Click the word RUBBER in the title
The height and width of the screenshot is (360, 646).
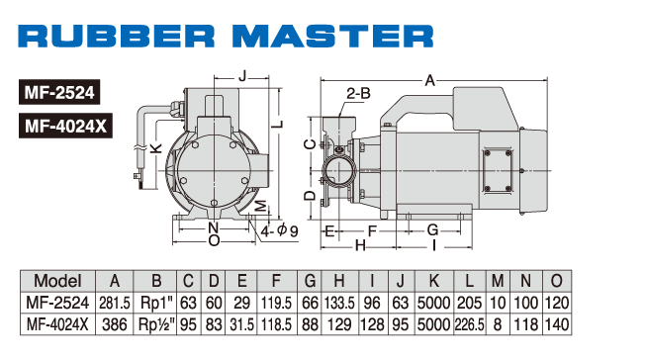click(x=116, y=36)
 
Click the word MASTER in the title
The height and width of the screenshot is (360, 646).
click(x=332, y=36)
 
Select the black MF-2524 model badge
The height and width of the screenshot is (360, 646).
click(x=59, y=92)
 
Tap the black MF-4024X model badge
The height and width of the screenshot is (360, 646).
click(x=65, y=126)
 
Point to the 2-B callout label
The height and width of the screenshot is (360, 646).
click(x=358, y=93)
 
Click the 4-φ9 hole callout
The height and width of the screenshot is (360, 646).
click(x=279, y=230)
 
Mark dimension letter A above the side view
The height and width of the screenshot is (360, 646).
click(x=430, y=81)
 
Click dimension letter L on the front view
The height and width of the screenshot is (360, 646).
click(x=279, y=124)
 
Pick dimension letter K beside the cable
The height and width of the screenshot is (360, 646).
click(x=155, y=148)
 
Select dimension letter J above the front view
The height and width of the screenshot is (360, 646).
click(x=242, y=76)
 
